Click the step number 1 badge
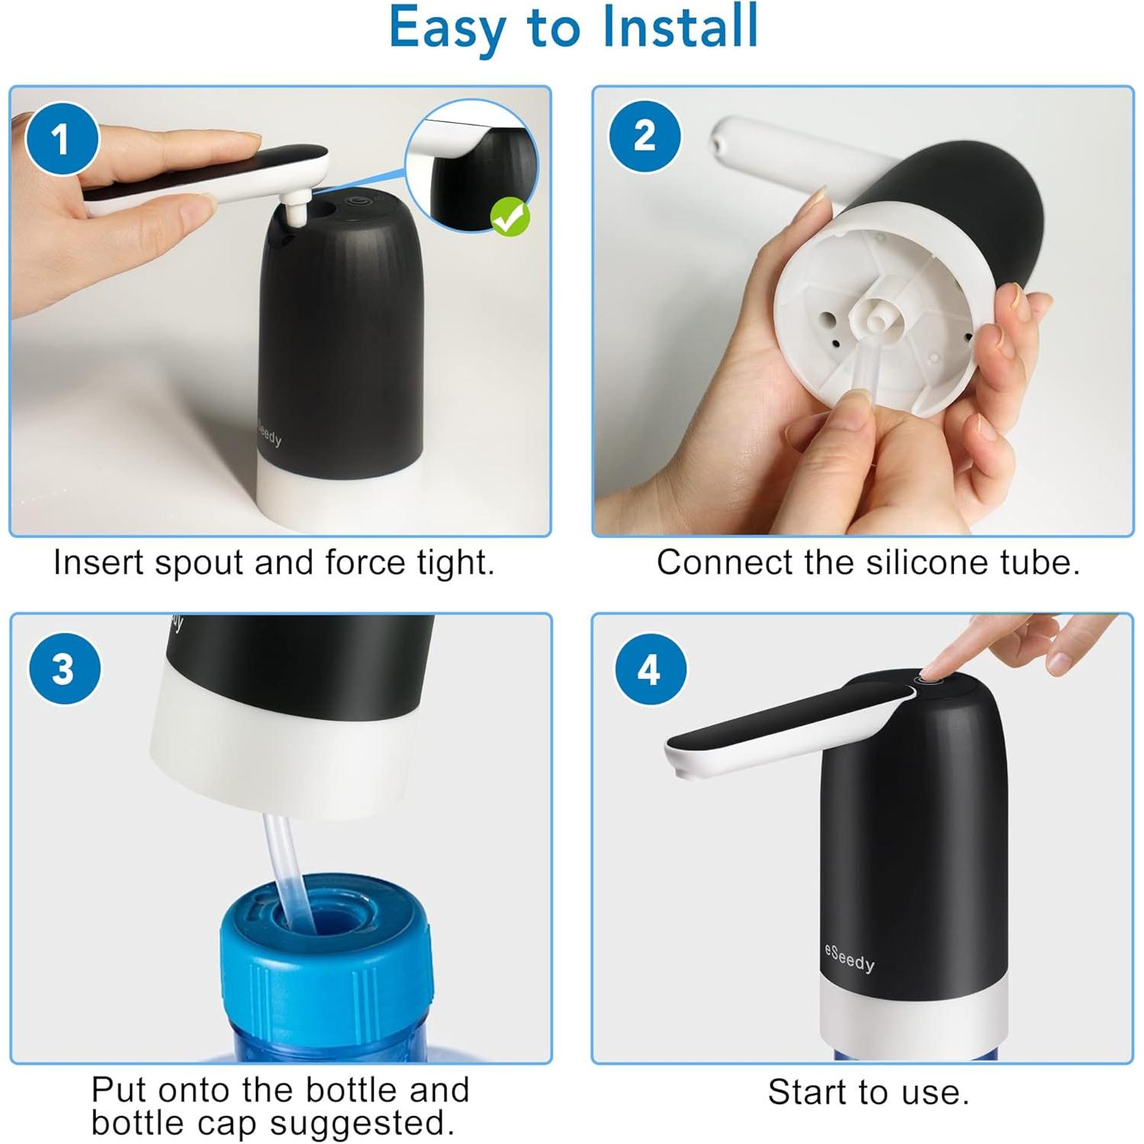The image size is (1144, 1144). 62,139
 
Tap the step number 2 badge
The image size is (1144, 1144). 644,137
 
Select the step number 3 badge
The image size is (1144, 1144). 64,669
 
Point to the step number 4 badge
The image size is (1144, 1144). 649,669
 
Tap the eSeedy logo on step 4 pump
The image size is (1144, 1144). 849,958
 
